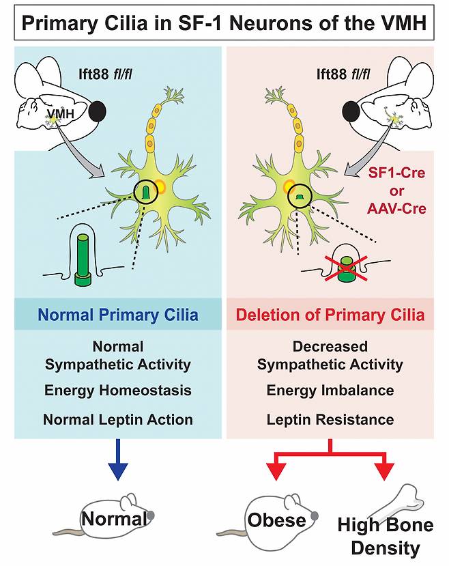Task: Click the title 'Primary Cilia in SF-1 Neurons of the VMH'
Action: [x=224, y=24]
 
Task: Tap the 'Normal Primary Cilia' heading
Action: [x=119, y=315]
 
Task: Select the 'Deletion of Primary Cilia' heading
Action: [x=331, y=315]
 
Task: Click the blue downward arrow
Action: [x=118, y=467]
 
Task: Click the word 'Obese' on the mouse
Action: [x=276, y=521]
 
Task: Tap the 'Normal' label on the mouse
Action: [x=114, y=519]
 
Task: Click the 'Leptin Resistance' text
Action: [x=330, y=419]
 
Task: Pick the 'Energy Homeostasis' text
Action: [x=118, y=391]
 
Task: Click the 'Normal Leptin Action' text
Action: [x=118, y=419]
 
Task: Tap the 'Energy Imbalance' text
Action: [x=330, y=391]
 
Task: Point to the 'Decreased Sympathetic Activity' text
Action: [x=330, y=355]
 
